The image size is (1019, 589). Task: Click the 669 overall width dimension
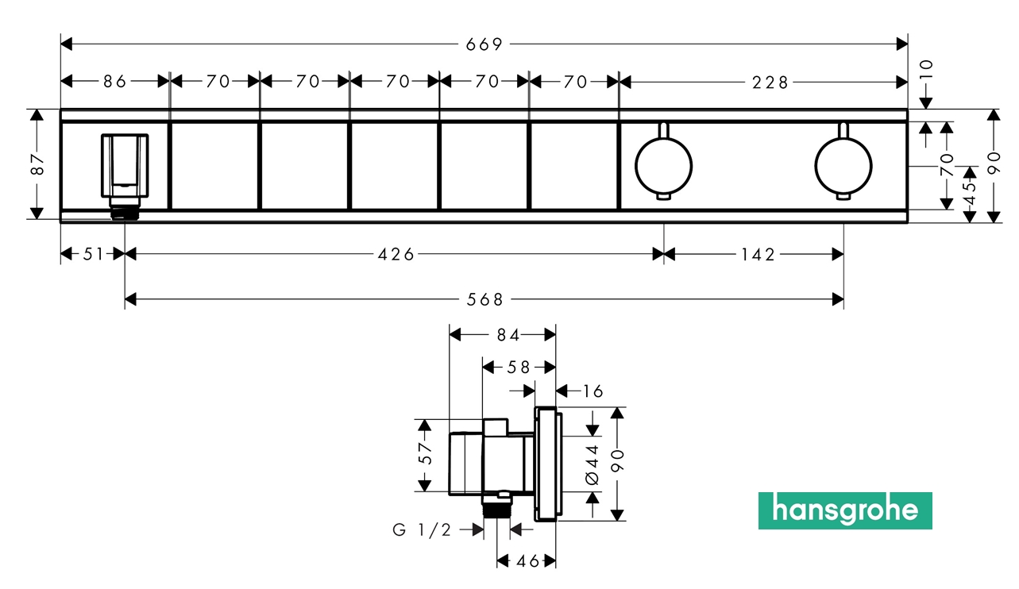coord(484,44)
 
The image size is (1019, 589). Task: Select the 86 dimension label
coord(115,81)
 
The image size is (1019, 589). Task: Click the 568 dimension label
coord(485,299)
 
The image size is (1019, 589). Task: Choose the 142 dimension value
coord(758,254)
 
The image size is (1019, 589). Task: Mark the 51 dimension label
coord(94,254)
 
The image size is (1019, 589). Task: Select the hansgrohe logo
coord(844,510)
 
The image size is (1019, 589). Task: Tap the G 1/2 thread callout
coord(422,530)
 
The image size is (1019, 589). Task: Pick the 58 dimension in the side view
coord(519,367)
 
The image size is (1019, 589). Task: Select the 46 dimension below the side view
coord(527,561)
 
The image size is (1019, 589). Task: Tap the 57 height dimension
coord(426,454)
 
